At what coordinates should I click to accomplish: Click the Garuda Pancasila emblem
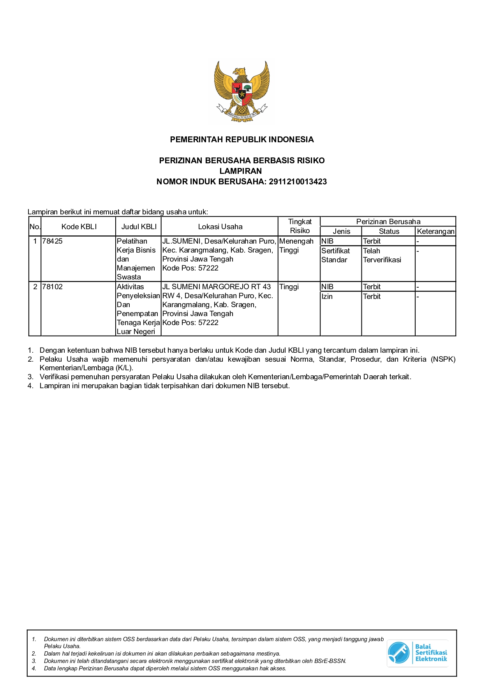[x=241, y=92]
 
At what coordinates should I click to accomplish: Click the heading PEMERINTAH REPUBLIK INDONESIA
[x=241, y=140]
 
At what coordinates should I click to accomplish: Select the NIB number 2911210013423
[x=298, y=182]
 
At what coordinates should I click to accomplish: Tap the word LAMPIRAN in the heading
[x=241, y=171]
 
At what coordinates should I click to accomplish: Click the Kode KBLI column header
[x=79, y=227]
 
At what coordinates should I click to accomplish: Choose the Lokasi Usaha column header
[x=220, y=227]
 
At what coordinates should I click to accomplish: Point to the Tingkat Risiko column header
[x=300, y=226]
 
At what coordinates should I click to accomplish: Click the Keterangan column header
[x=435, y=232]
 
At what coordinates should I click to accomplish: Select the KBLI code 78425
[x=53, y=241]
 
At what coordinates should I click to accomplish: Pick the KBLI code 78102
[x=53, y=287]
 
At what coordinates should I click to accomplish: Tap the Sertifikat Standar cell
[x=335, y=255]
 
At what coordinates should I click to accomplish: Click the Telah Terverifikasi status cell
[x=382, y=255]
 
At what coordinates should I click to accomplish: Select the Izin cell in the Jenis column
[x=327, y=297]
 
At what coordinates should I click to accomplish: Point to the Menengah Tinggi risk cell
[x=296, y=246]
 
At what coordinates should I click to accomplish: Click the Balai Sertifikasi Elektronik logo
[x=417, y=653]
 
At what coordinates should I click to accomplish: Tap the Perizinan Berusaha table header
[x=388, y=222]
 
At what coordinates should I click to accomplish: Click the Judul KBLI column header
[x=139, y=227]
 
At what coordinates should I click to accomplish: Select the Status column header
[x=389, y=232]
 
